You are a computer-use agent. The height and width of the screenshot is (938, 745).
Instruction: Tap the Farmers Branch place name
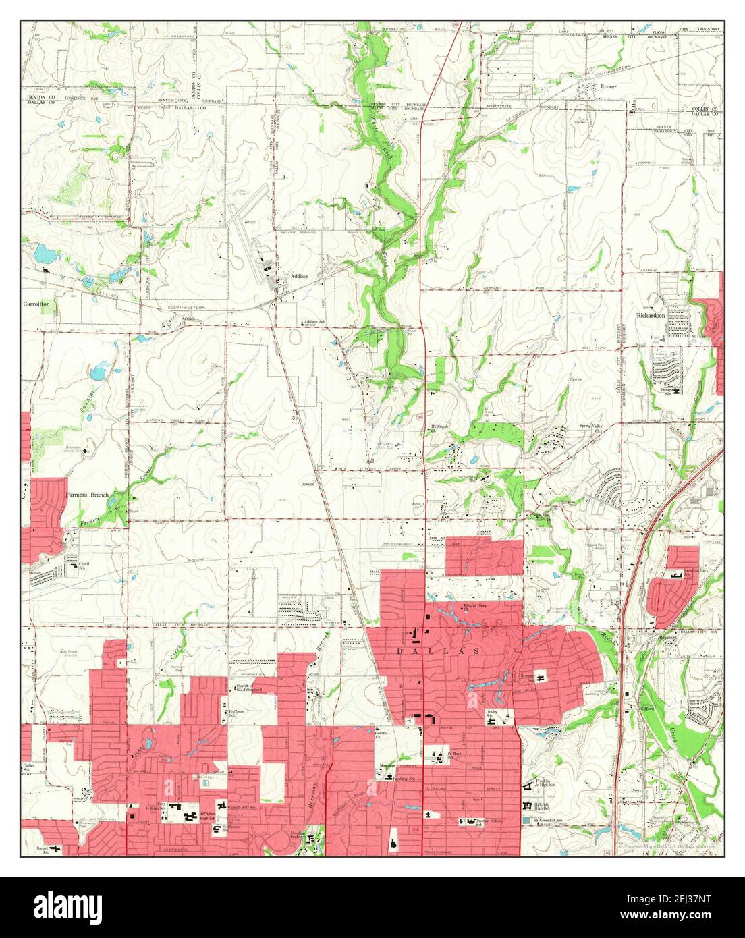point(86,495)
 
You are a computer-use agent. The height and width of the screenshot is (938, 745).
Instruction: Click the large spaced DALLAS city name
point(445,651)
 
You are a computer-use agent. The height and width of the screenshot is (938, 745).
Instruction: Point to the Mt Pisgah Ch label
point(439,429)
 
